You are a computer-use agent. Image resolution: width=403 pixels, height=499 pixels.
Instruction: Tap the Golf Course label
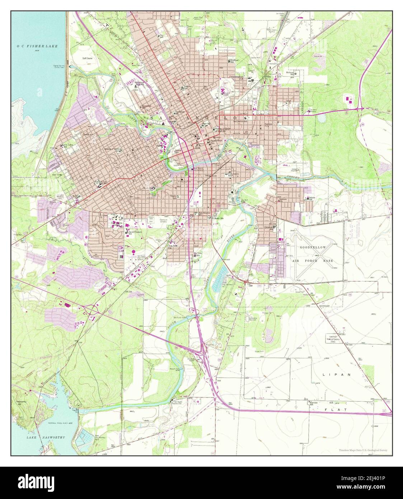tap(87, 58)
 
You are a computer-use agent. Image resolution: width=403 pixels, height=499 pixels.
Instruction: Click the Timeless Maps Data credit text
tap(363, 450)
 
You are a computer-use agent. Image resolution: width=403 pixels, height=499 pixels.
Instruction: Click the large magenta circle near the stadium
tap(133, 252)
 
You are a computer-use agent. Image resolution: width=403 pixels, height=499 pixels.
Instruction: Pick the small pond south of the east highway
tap(321, 117)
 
